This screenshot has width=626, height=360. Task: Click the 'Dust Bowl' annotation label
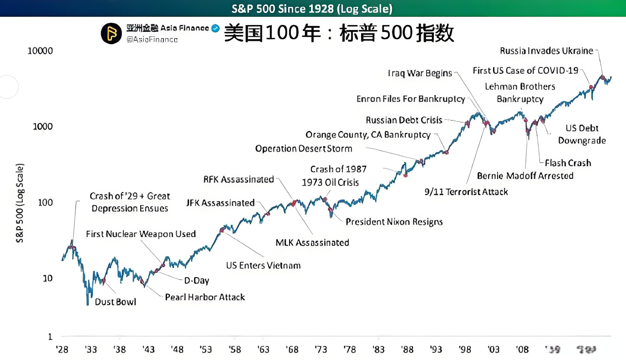click(115, 302)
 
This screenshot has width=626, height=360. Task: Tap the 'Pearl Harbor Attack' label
click(205, 297)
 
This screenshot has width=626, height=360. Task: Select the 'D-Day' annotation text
click(196, 281)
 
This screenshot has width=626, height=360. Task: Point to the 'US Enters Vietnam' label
click(263, 265)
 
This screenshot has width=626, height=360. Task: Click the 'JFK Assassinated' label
click(220, 203)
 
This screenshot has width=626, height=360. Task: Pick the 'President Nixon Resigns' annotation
click(394, 222)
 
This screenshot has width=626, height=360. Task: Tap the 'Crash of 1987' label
click(338, 169)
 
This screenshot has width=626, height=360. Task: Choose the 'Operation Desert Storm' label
click(304, 149)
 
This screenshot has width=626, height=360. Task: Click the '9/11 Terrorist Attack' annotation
click(466, 192)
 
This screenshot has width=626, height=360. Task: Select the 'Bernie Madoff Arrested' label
click(525, 176)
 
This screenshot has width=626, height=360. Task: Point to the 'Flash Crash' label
click(568, 163)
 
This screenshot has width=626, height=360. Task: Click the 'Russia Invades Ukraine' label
click(546, 51)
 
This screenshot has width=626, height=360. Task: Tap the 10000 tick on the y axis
click(41, 51)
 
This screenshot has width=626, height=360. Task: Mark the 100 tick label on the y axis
click(45, 203)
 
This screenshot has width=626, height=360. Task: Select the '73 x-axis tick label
click(321, 350)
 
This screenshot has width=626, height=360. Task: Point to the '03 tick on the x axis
click(494, 350)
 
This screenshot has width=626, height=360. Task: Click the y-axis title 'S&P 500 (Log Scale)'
click(20, 203)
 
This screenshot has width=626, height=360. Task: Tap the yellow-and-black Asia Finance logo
click(111, 34)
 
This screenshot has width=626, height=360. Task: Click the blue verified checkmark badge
click(216, 29)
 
